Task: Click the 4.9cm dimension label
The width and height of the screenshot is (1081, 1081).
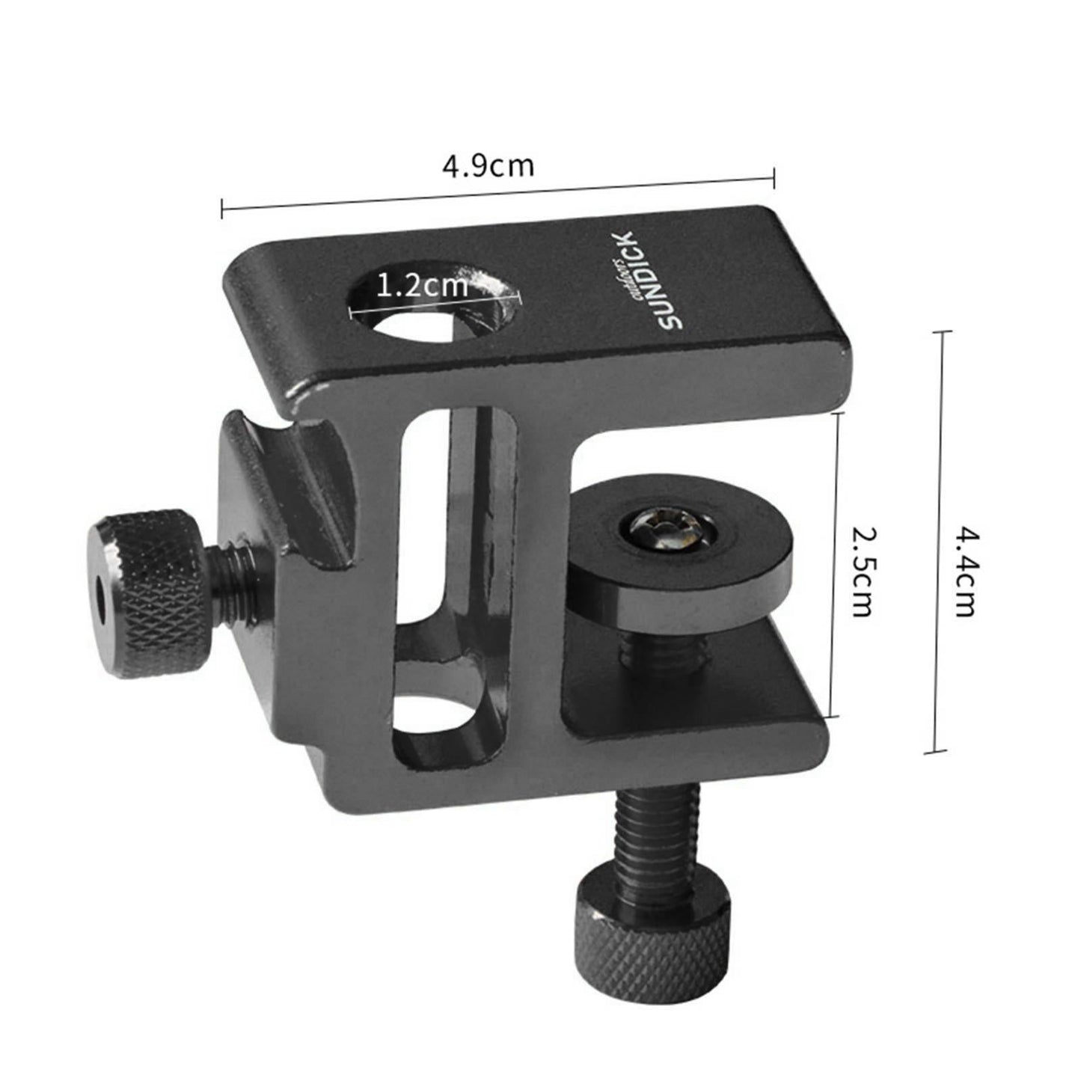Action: [488, 165]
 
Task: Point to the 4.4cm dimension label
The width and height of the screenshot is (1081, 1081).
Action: [966, 571]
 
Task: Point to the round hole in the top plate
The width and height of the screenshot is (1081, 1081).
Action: [434, 307]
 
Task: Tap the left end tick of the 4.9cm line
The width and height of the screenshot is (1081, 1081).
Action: [222, 209]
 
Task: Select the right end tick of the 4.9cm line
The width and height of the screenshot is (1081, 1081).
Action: [774, 177]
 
